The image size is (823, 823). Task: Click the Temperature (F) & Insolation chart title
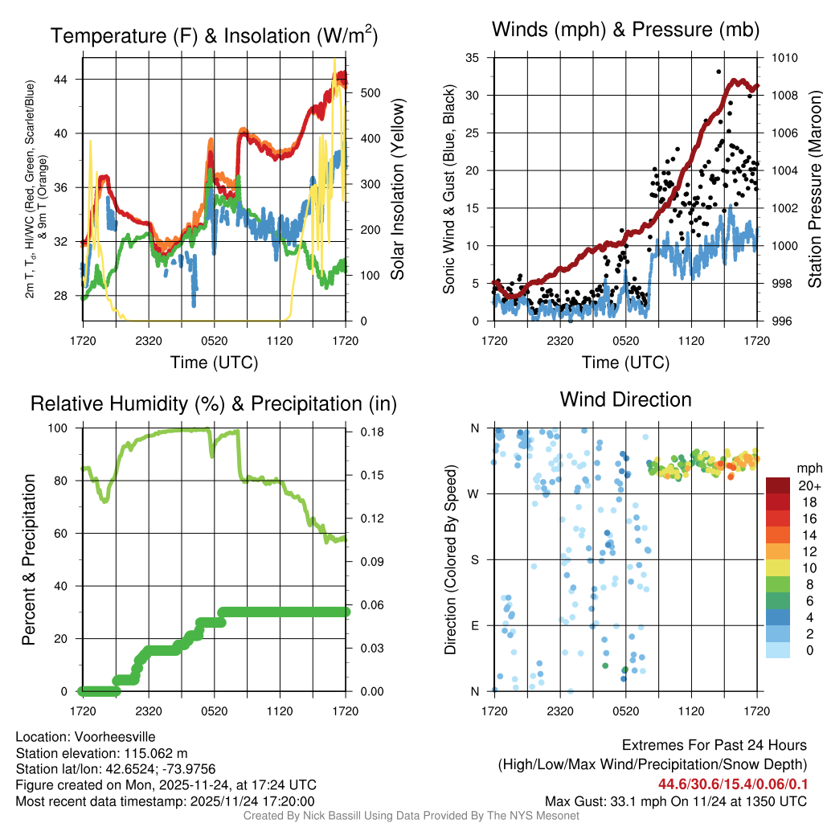click(214, 36)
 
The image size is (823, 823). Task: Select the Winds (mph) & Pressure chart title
click(625, 30)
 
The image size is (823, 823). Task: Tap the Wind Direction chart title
click(625, 399)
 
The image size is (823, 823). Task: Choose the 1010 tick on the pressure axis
click(784, 58)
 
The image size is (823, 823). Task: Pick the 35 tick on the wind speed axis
click(473, 58)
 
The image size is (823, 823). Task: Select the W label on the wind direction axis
click(474, 494)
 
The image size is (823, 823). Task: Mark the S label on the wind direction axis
click(474, 560)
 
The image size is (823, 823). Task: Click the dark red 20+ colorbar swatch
click(778, 485)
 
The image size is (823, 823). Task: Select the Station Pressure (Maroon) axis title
click(813, 189)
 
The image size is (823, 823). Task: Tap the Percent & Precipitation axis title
click(29, 559)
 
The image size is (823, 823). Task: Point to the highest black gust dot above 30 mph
click(718, 72)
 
